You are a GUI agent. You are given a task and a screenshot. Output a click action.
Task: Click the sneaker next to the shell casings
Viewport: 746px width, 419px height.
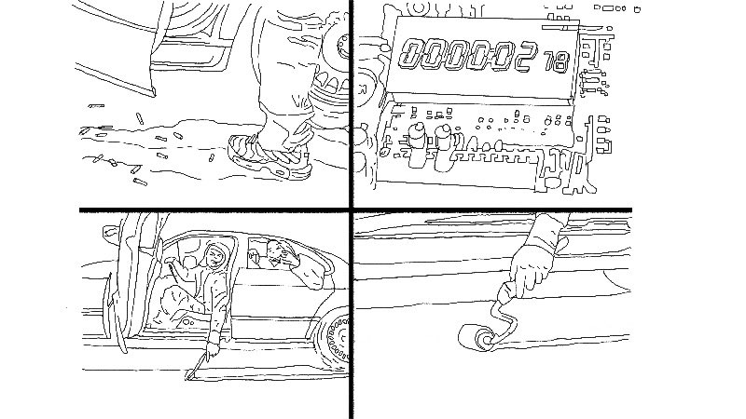point(269,155)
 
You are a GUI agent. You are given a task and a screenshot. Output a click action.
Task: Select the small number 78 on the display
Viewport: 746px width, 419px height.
point(557,61)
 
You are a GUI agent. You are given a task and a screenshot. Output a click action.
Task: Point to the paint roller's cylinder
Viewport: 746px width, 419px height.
point(476,337)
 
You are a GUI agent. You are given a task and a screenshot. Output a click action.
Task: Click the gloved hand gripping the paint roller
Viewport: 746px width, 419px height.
point(531,271)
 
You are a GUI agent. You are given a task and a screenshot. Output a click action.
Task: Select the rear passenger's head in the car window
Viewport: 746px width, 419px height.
point(273,250)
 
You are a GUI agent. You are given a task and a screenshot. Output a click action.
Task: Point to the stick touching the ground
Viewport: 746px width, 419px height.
point(196,365)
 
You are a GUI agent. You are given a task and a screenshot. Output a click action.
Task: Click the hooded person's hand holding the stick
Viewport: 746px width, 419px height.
point(212,349)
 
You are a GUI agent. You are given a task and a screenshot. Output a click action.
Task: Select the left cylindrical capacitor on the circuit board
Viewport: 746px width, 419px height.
point(417,144)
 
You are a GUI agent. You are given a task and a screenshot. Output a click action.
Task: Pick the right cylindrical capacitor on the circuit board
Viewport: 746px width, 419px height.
point(445,147)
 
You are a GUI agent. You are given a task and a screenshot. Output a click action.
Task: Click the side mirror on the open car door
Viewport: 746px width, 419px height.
point(110,232)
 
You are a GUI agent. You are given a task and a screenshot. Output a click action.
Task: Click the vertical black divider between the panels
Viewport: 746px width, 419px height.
point(352,209)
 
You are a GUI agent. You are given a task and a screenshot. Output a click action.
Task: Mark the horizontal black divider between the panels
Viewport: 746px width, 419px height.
point(356,210)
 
